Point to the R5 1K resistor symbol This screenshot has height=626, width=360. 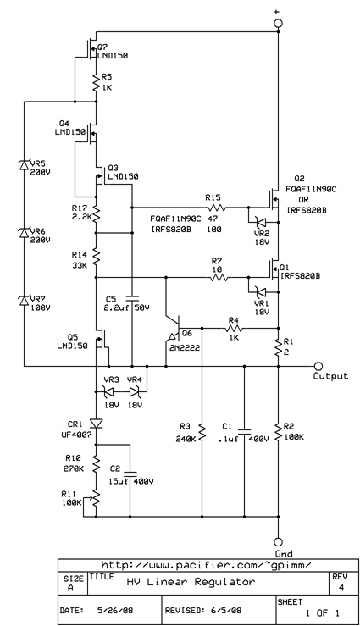click(x=97, y=81)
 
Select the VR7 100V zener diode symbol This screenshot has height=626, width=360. click(x=24, y=299)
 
